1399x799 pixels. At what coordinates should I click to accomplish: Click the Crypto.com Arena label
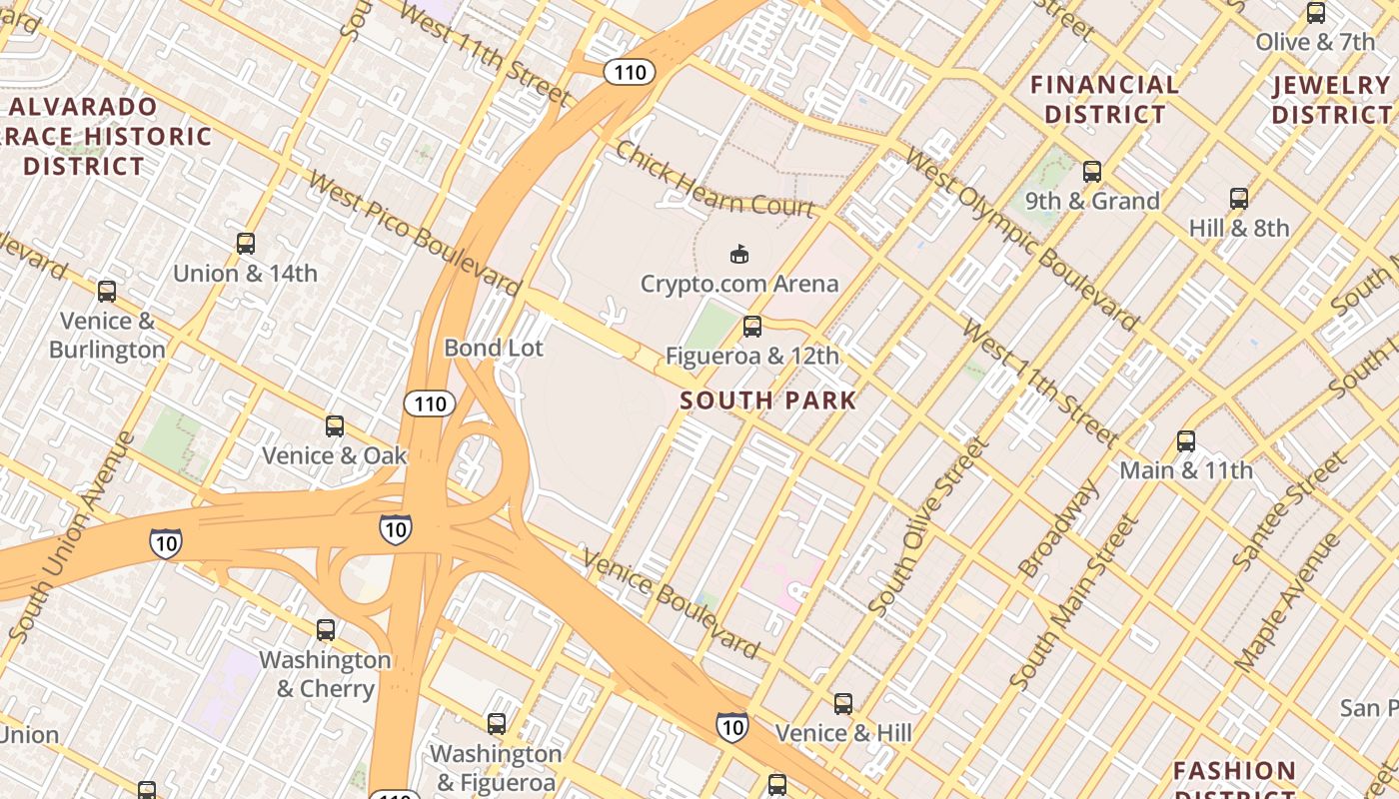pos(739,284)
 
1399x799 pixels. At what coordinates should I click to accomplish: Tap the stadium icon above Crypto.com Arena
pos(739,255)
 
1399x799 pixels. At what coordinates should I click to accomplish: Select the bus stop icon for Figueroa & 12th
pos(752,327)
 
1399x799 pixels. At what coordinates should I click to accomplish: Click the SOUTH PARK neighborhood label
pos(767,400)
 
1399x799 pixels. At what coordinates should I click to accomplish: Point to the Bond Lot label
pos(494,348)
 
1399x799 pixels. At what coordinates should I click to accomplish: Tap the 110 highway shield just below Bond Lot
pos(430,403)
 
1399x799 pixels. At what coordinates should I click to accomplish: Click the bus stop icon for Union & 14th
pos(246,244)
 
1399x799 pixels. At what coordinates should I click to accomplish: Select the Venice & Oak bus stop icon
pos(335,426)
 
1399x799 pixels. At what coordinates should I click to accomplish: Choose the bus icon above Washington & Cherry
pos(326,630)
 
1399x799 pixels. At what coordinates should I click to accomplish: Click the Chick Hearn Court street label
pos(714,180)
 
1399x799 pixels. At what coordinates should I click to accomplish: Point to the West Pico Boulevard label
pos(415,234)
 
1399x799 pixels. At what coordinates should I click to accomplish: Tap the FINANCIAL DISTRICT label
pos(1104,99)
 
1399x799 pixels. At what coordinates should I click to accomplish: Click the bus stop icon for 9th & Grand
pos(1092,172)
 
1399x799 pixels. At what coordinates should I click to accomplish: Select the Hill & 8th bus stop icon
pos(1239,199)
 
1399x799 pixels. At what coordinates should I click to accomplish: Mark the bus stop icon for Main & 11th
pos(1186,441)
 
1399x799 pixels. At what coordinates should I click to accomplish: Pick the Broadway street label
pos(1059,529)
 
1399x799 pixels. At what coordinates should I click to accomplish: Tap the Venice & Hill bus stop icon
pos(843,704)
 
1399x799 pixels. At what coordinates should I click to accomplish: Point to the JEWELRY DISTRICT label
pos(1332,99)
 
